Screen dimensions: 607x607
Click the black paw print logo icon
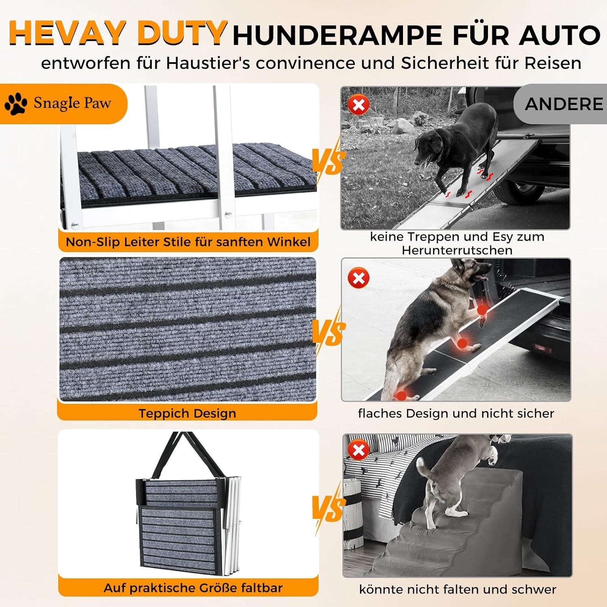click(16, 104)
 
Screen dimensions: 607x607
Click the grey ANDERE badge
click(563, 104)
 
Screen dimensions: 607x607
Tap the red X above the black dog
click(359, 105)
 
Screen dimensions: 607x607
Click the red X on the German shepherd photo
click(359, 278)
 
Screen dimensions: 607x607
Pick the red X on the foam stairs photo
click(359, 450)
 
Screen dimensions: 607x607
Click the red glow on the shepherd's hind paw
click(401, 395)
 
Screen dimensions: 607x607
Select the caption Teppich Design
click(187, 413)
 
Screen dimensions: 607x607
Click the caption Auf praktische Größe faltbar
click(193, 588)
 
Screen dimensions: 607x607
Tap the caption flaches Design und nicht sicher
click(456, 413)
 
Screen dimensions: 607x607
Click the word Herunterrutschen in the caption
click(457, 250)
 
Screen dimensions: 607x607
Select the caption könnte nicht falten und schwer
click(457, 589)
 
